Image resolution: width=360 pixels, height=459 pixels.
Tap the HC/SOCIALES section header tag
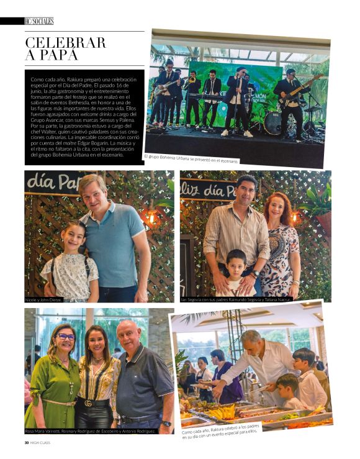[38, 21]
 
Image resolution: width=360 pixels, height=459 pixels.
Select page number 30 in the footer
[26, 443]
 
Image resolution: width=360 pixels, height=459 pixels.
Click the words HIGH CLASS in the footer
[43, 443]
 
